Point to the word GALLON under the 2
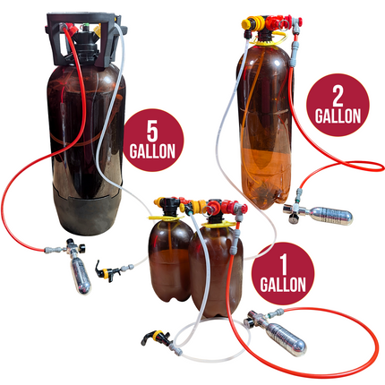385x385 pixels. pos(337,115)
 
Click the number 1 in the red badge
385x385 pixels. pos(283,265)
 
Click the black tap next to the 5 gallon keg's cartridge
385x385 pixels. pos(113,268)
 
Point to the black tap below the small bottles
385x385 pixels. pos(146,340)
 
